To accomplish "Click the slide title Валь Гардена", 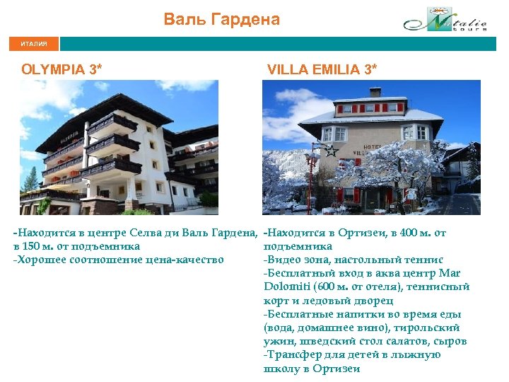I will [x=222, y=19].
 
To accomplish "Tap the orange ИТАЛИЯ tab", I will [x=34, y=44].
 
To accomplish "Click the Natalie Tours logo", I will [x=445, y=21].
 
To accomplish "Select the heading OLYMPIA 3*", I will [x=62, y=69].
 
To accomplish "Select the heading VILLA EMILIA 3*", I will [x=322, y=69].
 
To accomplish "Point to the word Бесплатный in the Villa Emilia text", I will [x=296, y=273].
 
